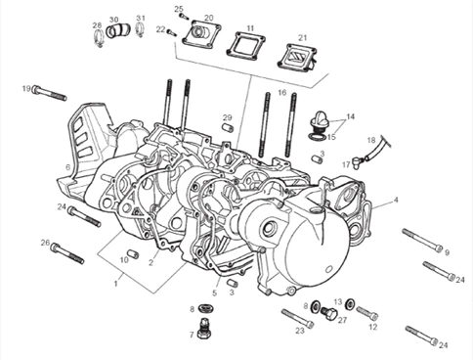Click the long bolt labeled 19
point(50,93)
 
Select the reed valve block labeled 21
point(297,56)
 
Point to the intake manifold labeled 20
point(201,34)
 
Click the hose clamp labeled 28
point(99,38)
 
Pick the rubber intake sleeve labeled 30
point(118,30)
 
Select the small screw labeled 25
point(185,17)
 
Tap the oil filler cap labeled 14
point(320,121)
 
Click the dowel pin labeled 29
point(228,127)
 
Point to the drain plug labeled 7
point(204,329)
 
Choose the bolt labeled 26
point(67,253)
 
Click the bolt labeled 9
point(422,240)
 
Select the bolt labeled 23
point(298,319)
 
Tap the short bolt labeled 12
point(367,313)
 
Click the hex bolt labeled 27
point(328,313)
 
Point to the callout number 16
point(282,93)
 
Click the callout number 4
point(396,200)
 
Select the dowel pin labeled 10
point(133,253)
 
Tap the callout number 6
point(67,167)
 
